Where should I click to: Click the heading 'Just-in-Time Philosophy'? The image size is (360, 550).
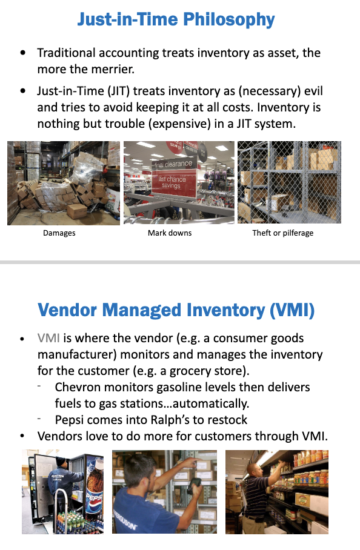click(176, 19)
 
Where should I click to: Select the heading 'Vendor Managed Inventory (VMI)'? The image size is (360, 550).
click(176, 310)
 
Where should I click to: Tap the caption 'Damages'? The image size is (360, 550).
click(59, 233)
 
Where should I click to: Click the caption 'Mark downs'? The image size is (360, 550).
click(170, 233)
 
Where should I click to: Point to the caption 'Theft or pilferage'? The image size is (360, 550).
click(283, 233)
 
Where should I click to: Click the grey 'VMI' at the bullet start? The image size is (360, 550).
click(48, 338)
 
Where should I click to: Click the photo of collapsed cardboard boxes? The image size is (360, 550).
click(64, 183)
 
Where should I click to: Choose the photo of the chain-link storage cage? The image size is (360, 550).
click(289, 182)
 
